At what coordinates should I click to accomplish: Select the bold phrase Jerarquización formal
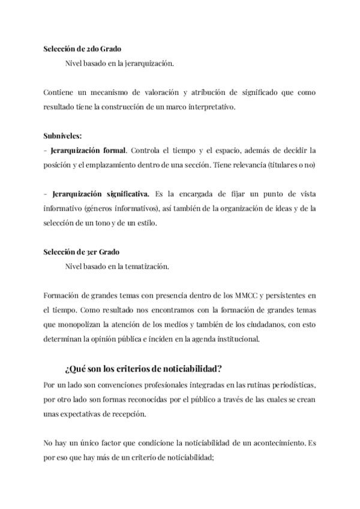pos(89,149)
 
